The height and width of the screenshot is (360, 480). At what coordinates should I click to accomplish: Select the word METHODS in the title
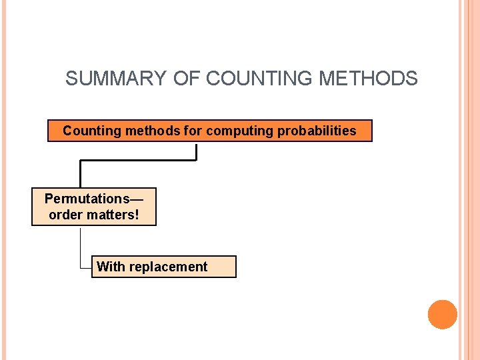tap(369, 79)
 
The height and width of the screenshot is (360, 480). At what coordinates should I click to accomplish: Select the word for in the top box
tap(193, 131)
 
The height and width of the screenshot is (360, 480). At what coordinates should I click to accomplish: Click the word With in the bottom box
tap(111, 267)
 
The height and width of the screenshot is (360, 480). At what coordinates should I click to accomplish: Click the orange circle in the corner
tap(442, 314)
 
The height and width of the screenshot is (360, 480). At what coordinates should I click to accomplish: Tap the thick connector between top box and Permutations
tap(138, 161)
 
